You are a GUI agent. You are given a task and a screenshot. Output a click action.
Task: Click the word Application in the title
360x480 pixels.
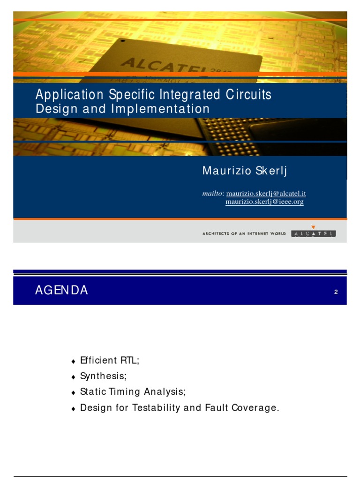tap(70, 95)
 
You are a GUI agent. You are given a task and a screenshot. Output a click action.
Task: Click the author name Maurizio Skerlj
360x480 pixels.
tap(244, 171)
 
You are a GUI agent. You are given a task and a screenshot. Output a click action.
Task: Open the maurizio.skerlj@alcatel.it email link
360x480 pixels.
tap(266, 194)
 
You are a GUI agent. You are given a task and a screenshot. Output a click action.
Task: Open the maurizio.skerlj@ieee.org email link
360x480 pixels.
tap(264, 202)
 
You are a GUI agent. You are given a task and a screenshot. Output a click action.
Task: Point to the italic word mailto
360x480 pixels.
tap(213, 194)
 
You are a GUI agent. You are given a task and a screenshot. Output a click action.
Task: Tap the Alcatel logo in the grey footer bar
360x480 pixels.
tap(313, 233)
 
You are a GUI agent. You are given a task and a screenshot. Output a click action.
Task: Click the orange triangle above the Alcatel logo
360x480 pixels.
tap(313, 227)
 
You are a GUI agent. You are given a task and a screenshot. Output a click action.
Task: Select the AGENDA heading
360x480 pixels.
tap(61, 291)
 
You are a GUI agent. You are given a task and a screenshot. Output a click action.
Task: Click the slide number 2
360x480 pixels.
tap(336, 292)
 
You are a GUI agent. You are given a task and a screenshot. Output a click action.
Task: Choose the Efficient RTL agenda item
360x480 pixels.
tap(110, 360)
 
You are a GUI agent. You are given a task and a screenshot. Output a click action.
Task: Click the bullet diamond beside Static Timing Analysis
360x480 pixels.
tap(73, 393)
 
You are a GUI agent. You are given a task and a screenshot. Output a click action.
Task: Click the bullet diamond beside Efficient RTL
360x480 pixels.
tap(73, 362)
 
